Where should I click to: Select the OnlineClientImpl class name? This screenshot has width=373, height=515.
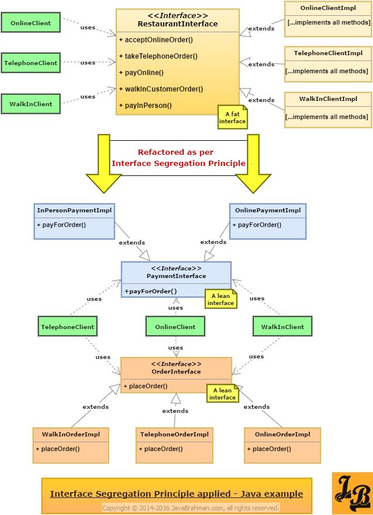point(328,8)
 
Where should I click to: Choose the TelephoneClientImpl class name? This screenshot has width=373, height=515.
point(328,53)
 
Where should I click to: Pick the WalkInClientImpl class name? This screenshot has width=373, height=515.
point(328,99)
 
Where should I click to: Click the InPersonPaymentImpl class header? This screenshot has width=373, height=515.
point(74,210)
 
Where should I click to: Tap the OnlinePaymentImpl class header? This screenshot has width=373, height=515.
point(268,210)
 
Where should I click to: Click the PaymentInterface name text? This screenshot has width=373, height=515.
point(176,276)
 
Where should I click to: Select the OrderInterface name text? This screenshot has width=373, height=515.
point(176,371)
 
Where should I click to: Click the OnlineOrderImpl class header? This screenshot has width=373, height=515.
point(283,434)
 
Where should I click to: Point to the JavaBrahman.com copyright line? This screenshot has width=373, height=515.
point(191,507)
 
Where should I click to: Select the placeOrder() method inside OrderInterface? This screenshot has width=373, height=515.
point(145,386)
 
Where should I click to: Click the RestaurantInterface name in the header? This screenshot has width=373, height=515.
point(169,24)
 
